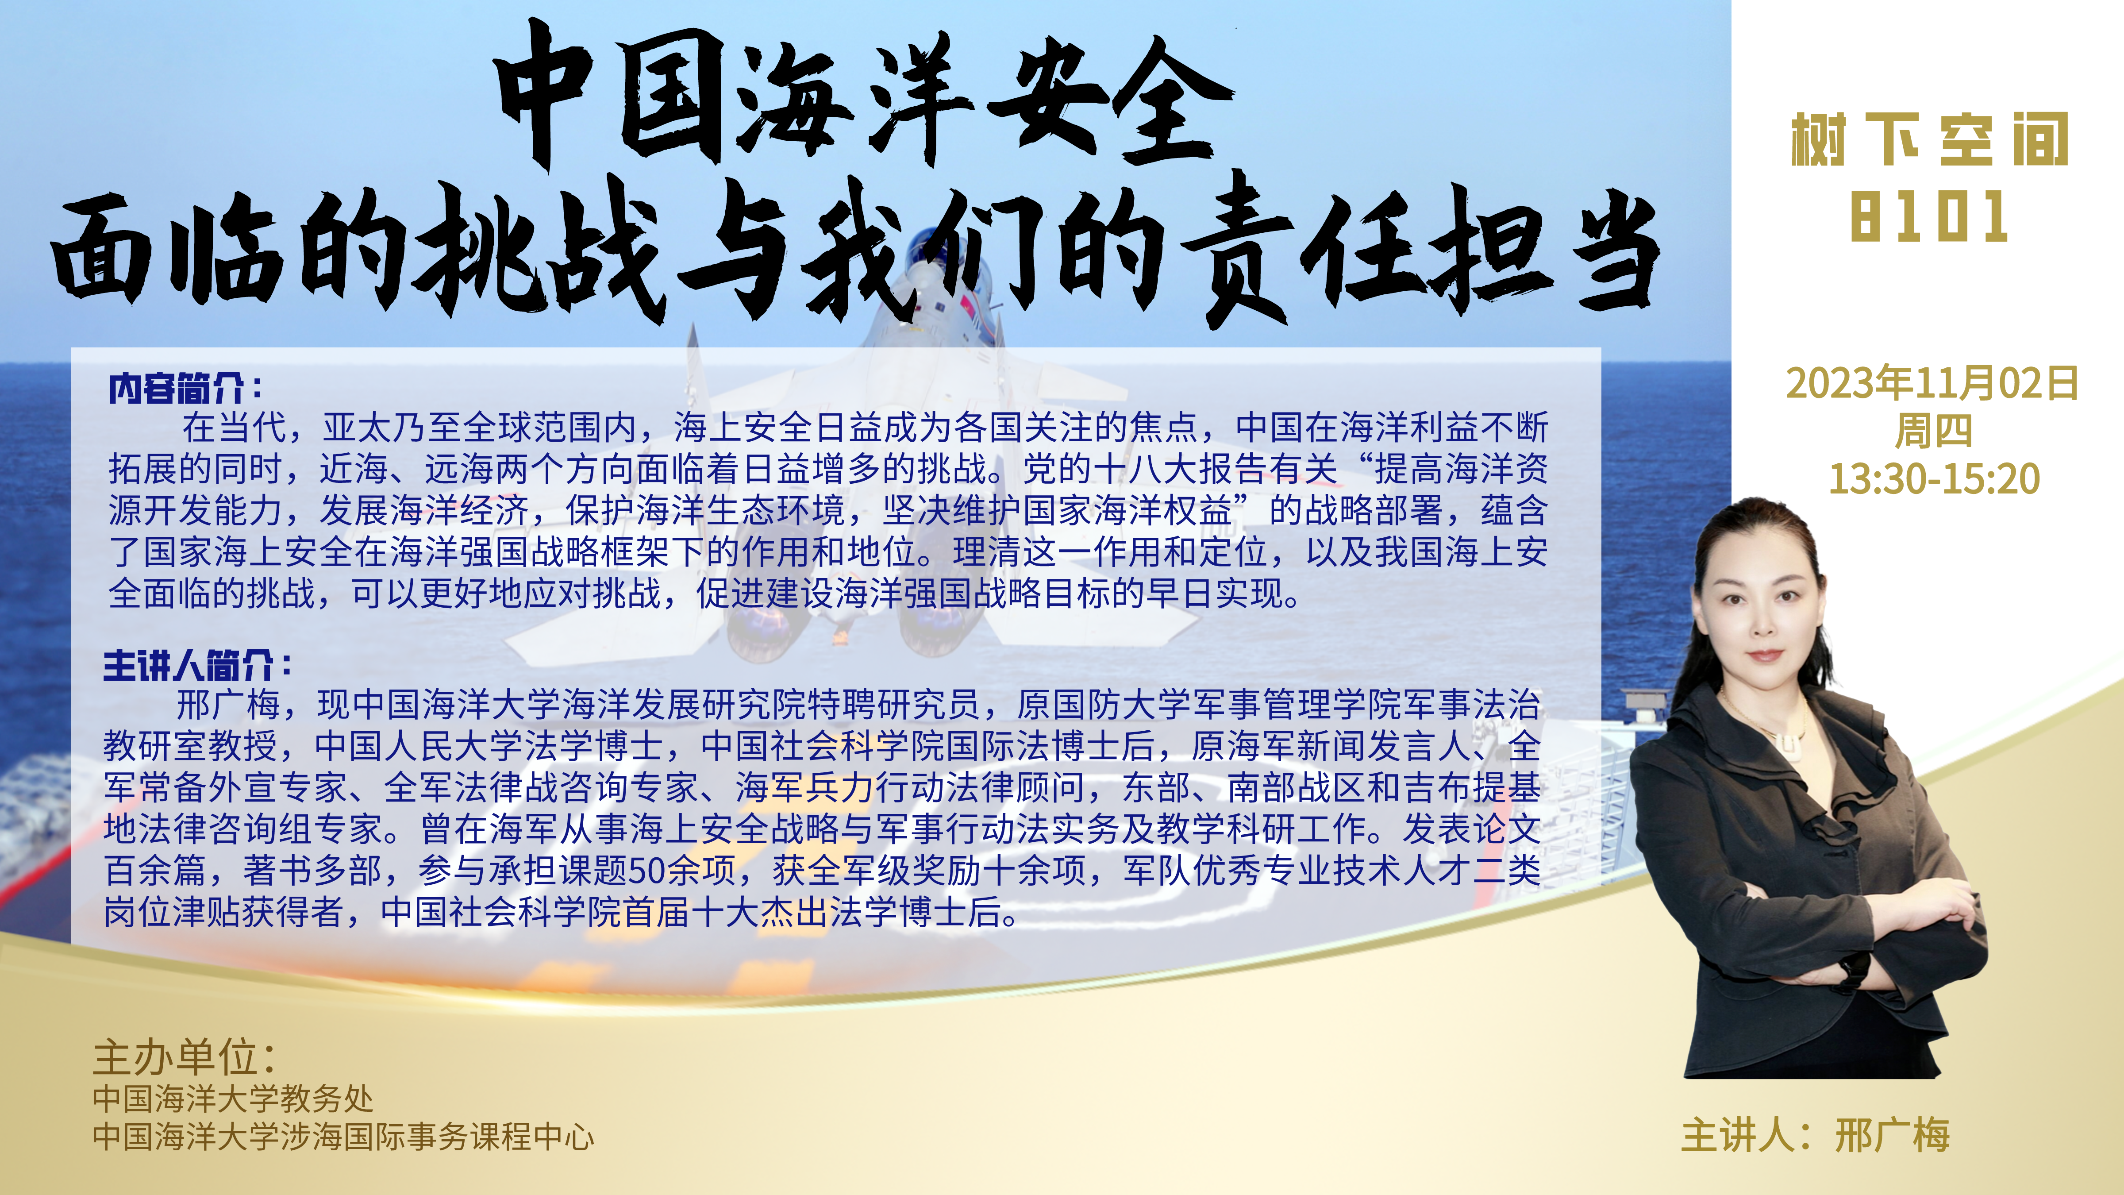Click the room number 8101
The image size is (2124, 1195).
(x=1928, y=216)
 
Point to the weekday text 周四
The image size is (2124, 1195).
(x=1933, y=431)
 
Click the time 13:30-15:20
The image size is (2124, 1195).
(x=1934, y=478)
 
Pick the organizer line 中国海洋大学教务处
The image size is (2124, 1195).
(x=232, y=1099)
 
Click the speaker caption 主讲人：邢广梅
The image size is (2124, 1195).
(x=1815, y=1136)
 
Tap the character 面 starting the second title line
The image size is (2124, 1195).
(x=103, y=251)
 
